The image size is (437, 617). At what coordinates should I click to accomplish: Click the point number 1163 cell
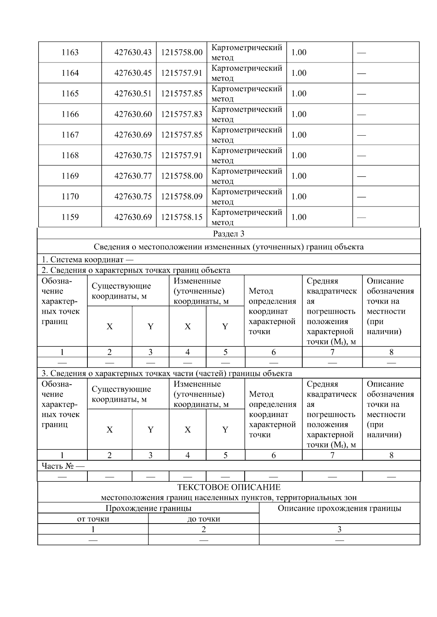pyautogui.click(x=70, y=52)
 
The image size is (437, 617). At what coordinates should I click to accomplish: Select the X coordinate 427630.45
pyautogui.click(x=133, y=73)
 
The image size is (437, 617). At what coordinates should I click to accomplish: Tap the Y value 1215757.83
pyautogui.click(x=182, y=114)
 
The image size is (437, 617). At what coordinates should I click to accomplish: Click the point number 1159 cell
pyautogui.click(x=70, y=217)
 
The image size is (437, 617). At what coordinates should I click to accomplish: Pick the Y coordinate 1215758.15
pyautogui.click(x=182, y=217)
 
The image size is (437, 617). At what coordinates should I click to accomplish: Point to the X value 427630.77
pyautogui.click(x=133, y=176)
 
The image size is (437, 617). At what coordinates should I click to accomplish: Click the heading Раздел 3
pyautogui.click(x=228, y=234)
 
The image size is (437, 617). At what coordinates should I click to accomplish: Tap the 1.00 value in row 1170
pyautogui.click(x=299, y=197)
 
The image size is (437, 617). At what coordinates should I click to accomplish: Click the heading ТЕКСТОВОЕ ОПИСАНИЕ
pyautogui.click(x=229, y=487)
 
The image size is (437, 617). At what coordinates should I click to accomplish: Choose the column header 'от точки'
pyautogui.click(x=93, y=519)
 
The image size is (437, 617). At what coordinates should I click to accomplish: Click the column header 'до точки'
pyautogui.click(x=204, y=519)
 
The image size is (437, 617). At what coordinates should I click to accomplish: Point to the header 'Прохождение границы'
pyautogui.click(x=148, y=508)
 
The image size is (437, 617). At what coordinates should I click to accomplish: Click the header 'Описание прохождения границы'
pyautogui.click(x=339, y=508)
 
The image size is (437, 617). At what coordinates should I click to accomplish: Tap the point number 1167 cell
pyautogui.click(x=70, y=135)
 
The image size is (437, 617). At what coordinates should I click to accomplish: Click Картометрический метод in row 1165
pyautogui.click(x=247, y=94)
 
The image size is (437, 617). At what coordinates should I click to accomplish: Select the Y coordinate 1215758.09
pyautogui.click(x=182, y=197)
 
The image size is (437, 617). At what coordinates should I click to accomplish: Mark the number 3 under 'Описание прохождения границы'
pyautogui.click(x=339, y=529)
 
